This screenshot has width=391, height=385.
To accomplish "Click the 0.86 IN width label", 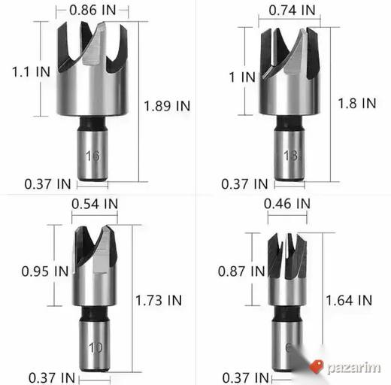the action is coord(92,11).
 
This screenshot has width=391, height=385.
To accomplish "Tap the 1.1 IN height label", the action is coord(31,71).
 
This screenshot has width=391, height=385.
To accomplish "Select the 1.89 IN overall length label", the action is coord(167,106).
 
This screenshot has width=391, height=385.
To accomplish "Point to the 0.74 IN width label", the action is coord(292,11).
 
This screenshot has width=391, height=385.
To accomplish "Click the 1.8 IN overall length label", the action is coord(357,103).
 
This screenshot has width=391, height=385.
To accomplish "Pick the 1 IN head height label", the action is coord(242,77).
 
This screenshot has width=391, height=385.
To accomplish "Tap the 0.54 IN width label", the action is coord(95,204).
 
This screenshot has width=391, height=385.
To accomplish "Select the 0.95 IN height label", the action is coord(45,271).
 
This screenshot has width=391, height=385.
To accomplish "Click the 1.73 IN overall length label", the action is coord(159,300).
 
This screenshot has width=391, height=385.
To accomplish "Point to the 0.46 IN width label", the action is coord(287,204).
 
